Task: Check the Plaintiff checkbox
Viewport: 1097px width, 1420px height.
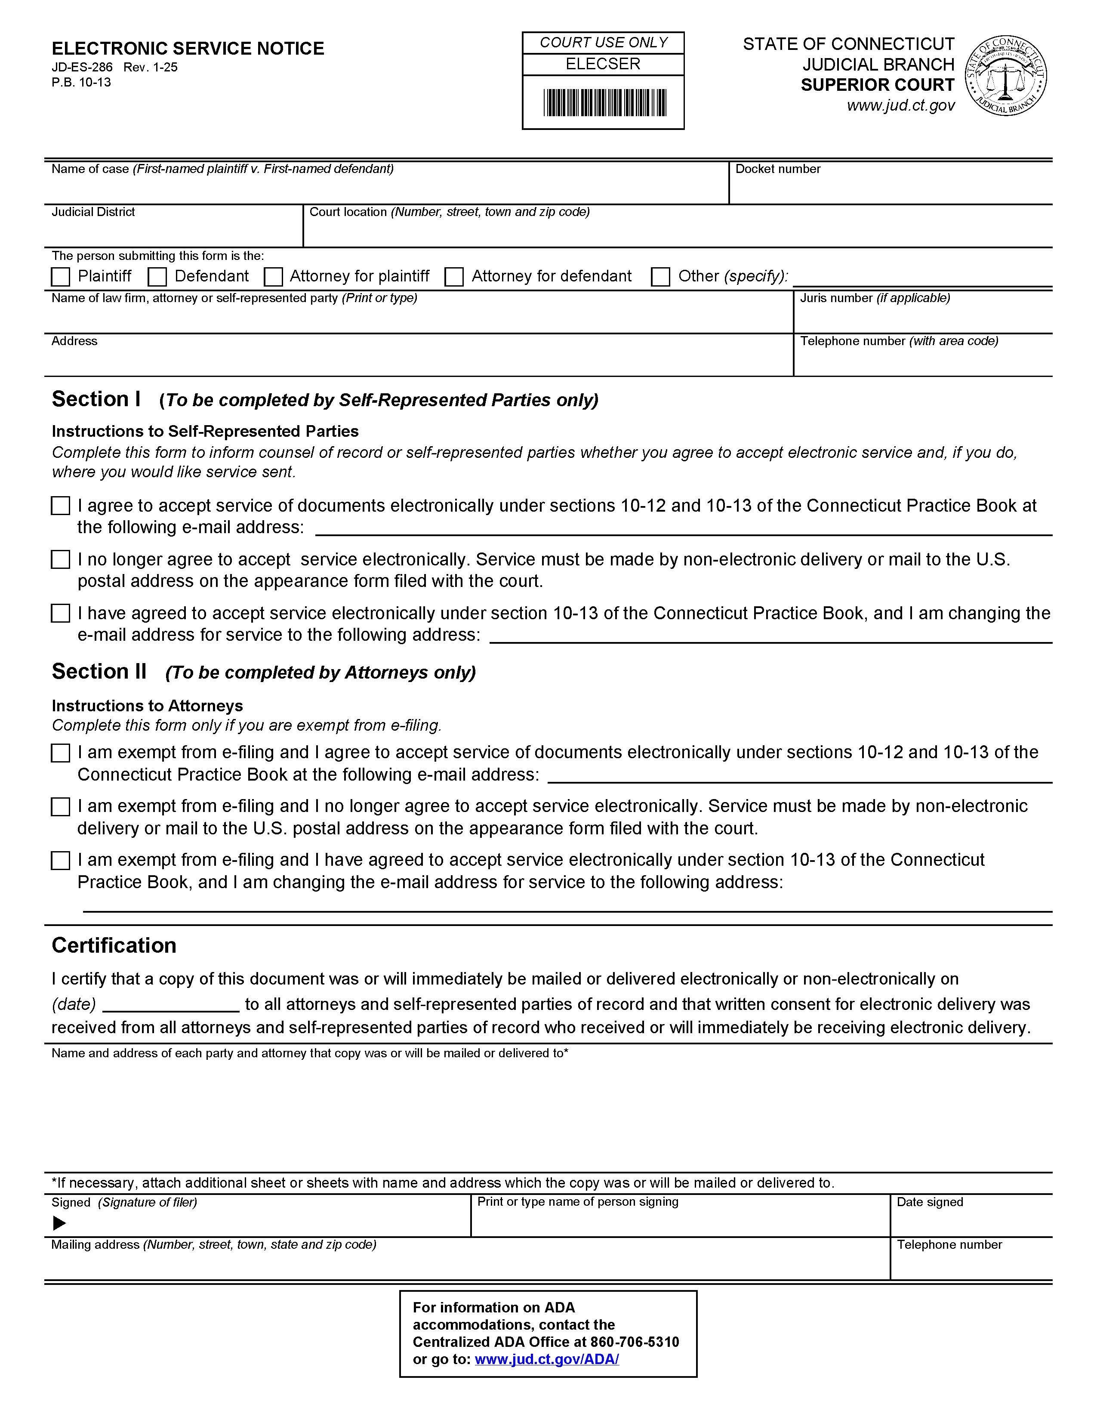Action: coord(60,277)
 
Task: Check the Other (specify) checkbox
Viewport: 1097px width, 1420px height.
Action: coord(661,277)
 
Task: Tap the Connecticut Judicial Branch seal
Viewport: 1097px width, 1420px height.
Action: coord(1006,77)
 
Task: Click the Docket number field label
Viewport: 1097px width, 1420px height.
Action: coord(777,169)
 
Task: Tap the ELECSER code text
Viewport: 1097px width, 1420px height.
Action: coord(603,64)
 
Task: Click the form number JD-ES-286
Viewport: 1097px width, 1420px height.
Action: coord(82,67)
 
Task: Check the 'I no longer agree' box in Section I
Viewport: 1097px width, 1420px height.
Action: coord(60,560)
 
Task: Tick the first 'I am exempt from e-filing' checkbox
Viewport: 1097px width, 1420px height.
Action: coord(60,753)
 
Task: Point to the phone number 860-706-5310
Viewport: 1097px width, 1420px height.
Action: coord(634,1342)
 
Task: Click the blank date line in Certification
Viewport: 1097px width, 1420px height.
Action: coord(171,1005)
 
